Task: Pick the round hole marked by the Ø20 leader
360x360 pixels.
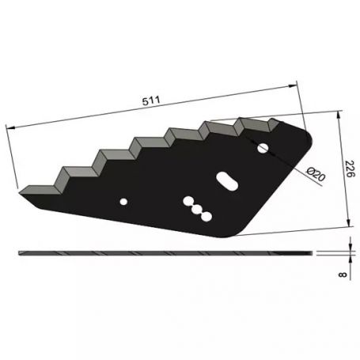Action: pos(263,147)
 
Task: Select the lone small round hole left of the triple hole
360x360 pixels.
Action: pos(123,203)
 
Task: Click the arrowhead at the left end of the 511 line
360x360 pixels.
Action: pos(8,127)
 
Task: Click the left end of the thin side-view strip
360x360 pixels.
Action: pos(19,253)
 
